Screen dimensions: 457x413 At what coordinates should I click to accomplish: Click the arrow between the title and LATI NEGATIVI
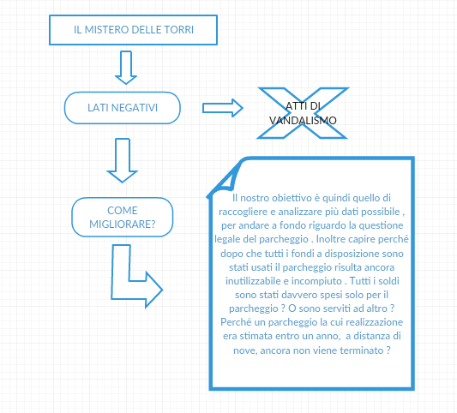point(126,68)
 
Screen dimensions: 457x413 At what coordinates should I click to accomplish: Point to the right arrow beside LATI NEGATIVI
point(223,108)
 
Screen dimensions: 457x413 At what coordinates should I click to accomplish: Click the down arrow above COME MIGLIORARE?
point(123,160)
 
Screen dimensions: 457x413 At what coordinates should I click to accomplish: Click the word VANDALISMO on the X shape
point(303,120)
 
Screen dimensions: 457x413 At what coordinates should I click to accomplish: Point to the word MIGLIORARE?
point(123,224)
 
